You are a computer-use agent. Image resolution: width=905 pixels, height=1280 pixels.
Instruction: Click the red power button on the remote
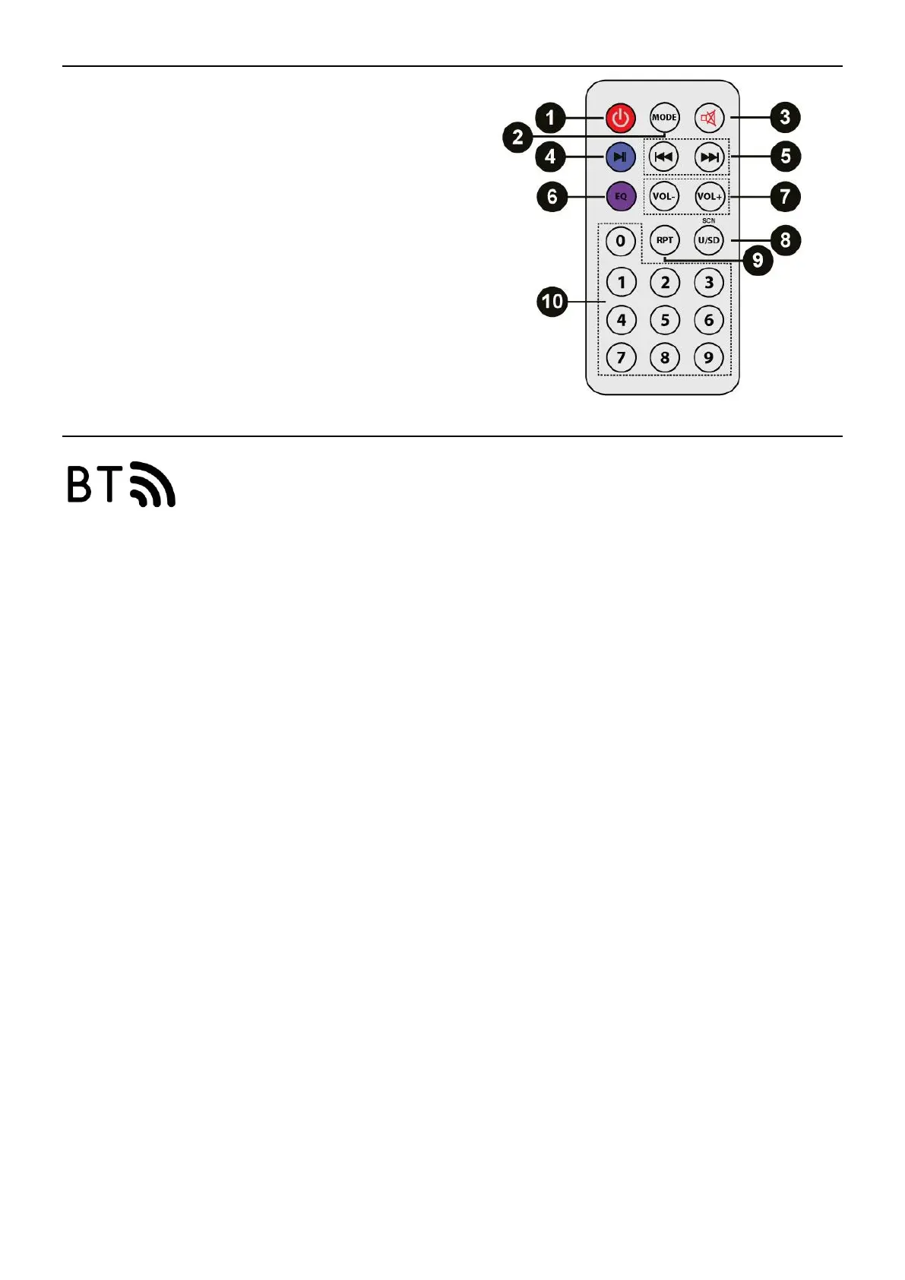(x=621, y=118)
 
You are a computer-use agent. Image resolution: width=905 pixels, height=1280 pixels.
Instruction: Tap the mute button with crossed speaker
(x=709, y=118)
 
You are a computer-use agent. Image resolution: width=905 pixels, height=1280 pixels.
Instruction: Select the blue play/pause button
(x=621, y=157)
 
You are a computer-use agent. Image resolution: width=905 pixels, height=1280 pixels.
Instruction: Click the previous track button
(x=664, y=157)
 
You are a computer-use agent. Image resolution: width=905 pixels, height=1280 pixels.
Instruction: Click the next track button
(x=709, y=157)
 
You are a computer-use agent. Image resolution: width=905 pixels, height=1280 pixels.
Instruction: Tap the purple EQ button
(x=621, y=196)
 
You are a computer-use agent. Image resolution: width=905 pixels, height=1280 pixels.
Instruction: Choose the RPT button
(x=665, y=240)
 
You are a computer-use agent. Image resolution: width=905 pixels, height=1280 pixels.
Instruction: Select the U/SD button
(x=709, y=240)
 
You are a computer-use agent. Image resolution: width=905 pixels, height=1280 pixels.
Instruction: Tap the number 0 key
(x=621, y=241)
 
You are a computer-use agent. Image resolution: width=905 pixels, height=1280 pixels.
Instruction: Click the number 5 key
(x=665, y=320)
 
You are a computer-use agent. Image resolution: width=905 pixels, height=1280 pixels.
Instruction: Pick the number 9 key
(x=709, y=357)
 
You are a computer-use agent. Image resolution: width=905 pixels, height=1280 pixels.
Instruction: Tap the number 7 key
(x=621, y=357)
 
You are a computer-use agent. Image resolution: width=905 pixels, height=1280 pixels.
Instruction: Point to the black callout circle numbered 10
(x=552, y=302)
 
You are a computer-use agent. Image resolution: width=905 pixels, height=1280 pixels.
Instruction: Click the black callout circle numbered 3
(x=785, y=117)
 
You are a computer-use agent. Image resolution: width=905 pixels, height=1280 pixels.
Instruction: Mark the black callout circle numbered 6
(x=552, y=197)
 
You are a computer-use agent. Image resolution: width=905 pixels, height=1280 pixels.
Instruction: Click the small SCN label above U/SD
(x=709, y=220)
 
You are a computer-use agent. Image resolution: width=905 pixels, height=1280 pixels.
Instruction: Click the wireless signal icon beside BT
(x=153, y=484)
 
